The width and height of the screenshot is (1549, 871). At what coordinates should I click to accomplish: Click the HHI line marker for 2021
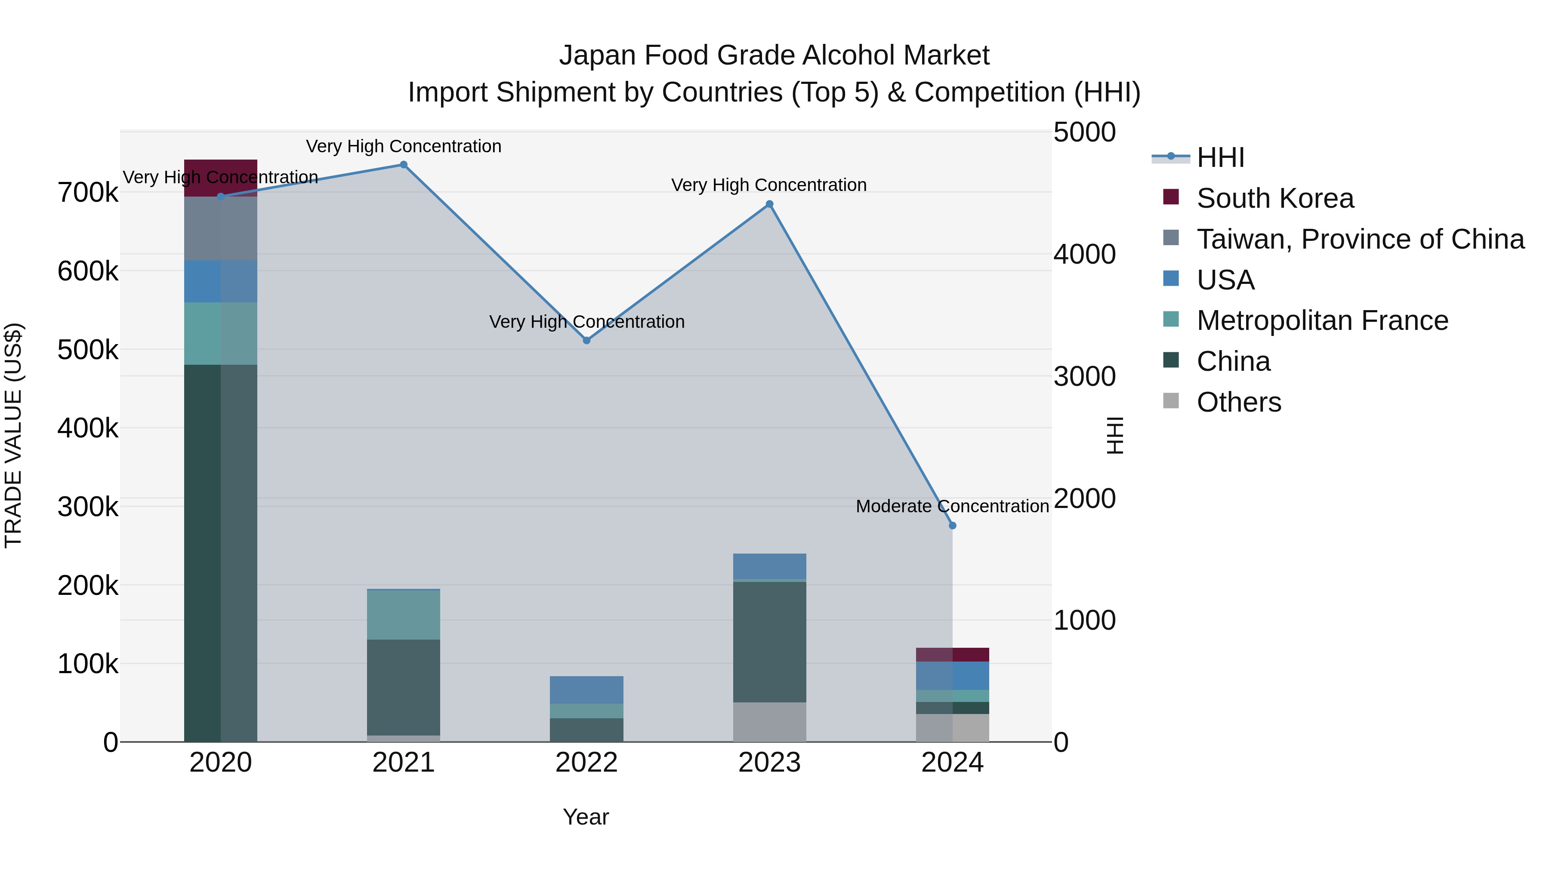[404, 165]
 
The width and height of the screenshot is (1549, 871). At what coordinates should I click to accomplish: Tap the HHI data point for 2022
[587, 340]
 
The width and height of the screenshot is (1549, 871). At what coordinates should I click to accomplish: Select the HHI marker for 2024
[953, 525]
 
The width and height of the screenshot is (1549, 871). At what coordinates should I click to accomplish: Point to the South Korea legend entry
[1275, 198]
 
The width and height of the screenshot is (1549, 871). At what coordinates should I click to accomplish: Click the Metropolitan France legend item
[1322, 320]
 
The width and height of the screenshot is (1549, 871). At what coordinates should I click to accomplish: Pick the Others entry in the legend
[1239, 402]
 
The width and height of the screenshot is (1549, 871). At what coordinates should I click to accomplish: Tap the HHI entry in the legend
[1220, 157]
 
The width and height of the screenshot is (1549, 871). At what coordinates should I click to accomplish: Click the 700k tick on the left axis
[88, 193]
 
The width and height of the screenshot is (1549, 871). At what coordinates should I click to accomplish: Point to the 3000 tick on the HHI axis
[1084, 376]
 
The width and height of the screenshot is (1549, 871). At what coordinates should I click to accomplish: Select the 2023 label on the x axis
[769, 763]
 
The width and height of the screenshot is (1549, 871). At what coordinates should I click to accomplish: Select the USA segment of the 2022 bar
[586, 689]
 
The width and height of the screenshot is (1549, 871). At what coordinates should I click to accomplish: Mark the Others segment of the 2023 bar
[769, 721]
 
